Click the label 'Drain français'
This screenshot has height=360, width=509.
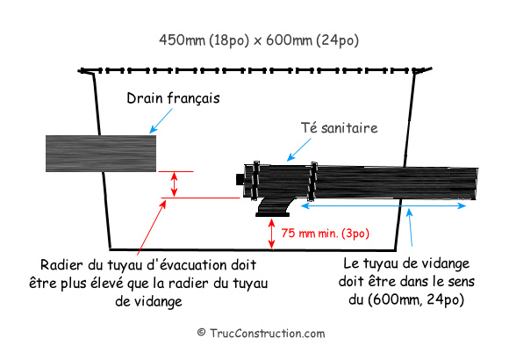[x=173, y=98]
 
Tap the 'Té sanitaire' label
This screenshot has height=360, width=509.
[x=340, y=127]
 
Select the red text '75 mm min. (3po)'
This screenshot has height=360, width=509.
[x=326, y=234]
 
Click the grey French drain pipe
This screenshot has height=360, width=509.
[x=101, y=154]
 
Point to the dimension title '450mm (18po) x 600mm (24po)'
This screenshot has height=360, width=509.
[x=259, y=40]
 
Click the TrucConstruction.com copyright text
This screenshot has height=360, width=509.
[x=261, y=334]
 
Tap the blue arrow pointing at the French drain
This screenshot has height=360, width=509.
[x=161, y=121]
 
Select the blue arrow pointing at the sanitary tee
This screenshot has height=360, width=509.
[x=299, y=149]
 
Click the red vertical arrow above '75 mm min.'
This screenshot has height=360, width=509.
[x=272, y=234]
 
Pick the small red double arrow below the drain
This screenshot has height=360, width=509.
[x=175, y=184]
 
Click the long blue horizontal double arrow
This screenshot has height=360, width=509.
[x=384, y=205]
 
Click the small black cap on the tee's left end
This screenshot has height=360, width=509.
[x=240, y=179]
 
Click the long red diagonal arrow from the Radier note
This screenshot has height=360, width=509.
[x=152, y=227]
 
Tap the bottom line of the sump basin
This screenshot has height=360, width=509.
[x=253, y=250]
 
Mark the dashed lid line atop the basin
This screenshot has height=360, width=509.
[x=254, y=70]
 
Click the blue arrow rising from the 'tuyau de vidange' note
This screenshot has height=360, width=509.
[x=411, y=227]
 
